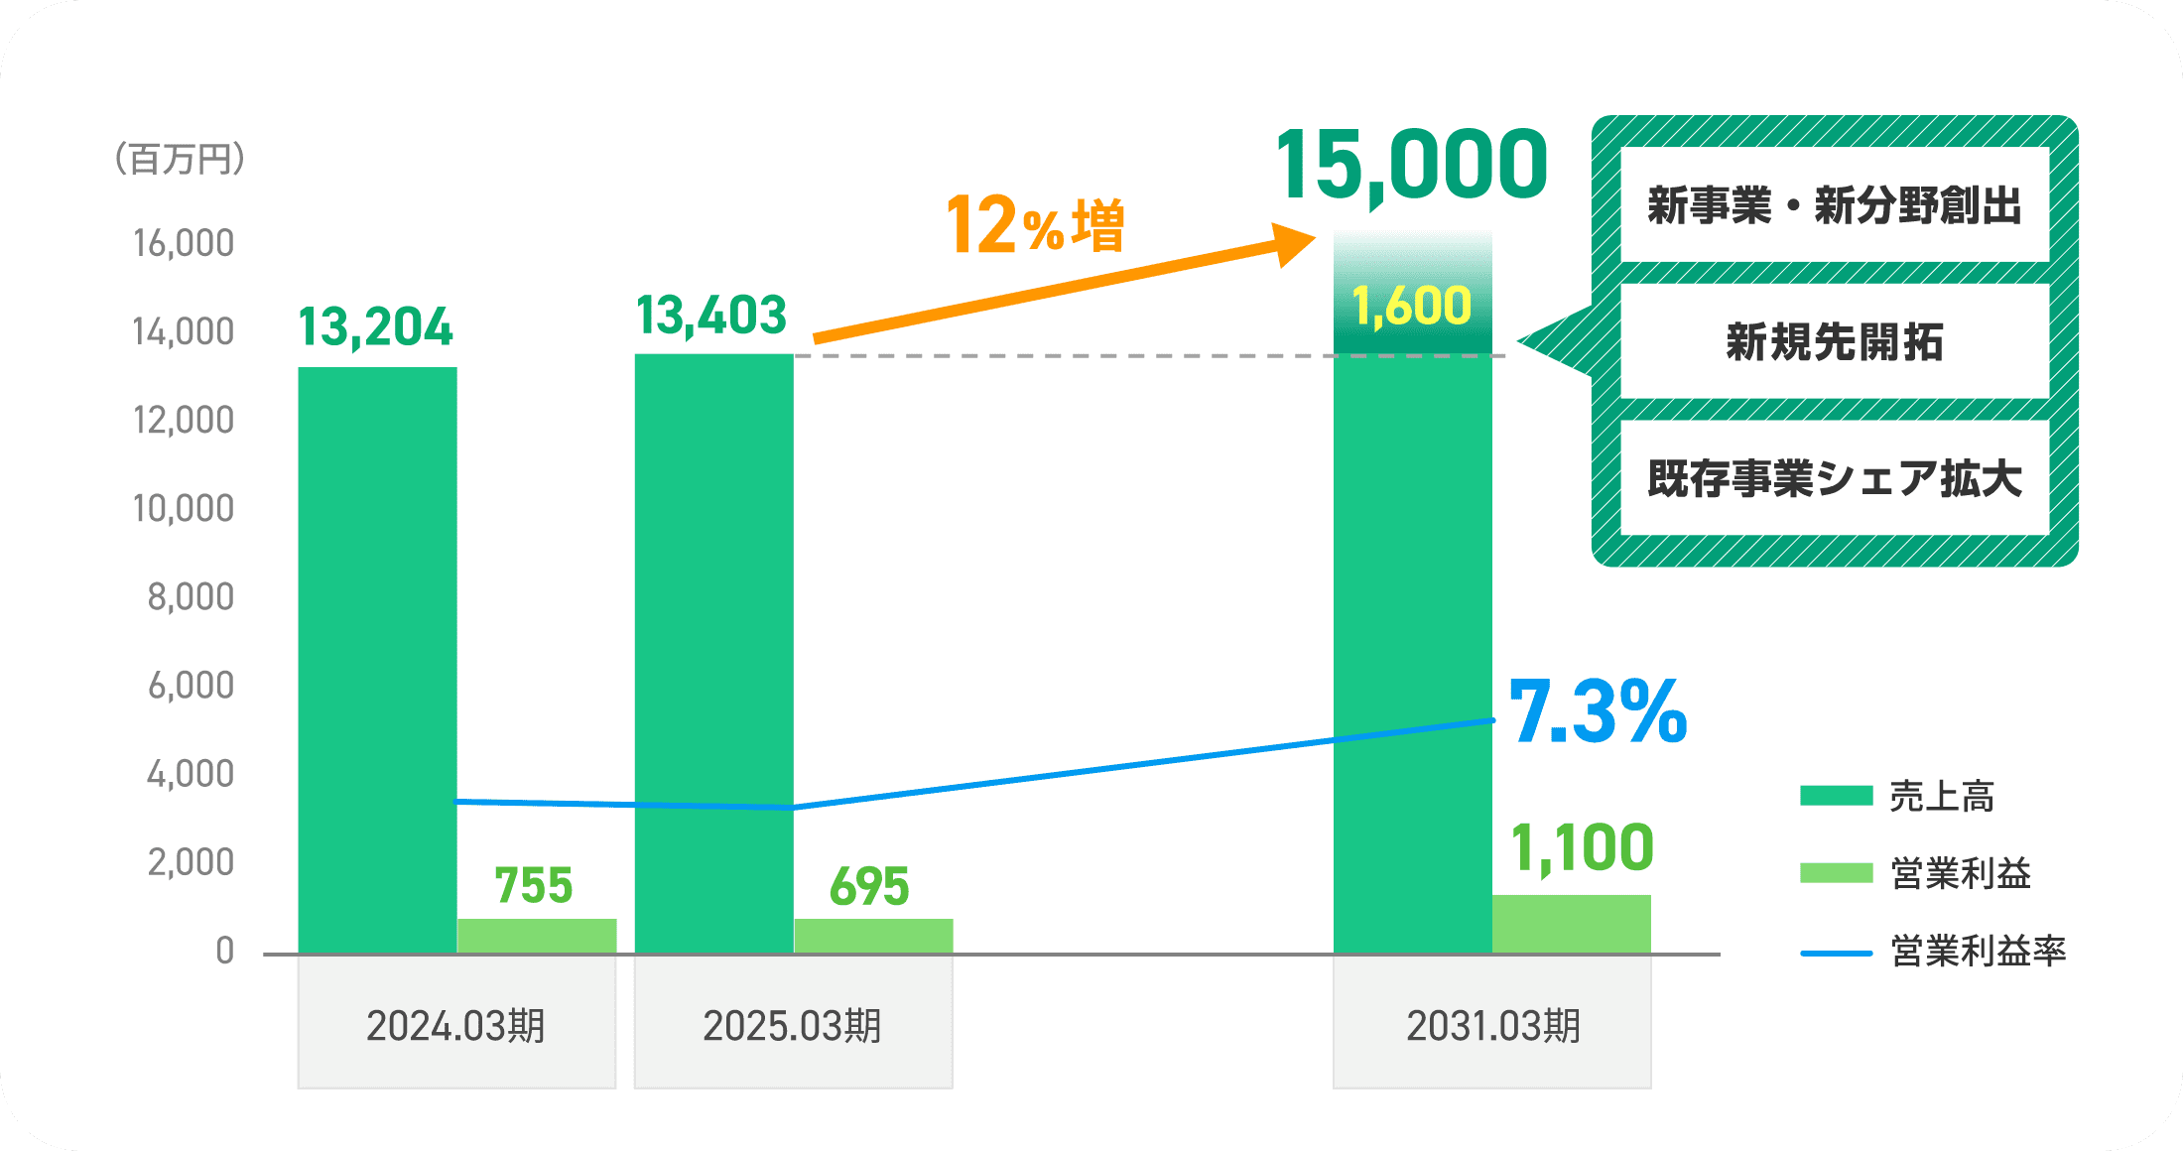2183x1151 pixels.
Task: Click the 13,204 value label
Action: [x=375, y=327]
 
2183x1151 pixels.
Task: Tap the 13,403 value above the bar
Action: [x=711, y=316]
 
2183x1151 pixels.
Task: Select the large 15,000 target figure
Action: [x=1411, y=165]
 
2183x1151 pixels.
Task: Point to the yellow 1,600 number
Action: [x=1412, y=306]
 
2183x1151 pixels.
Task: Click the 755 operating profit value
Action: [x=534, y=885]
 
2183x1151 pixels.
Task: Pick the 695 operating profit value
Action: [x=869, y=886]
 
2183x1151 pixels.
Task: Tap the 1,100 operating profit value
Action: [x=1582, y=848]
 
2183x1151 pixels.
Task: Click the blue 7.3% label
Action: [x=1598, y=711]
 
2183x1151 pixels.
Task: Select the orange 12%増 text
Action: [x=1035, y=225]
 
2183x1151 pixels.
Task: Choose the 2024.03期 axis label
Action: [x=455, y=1026]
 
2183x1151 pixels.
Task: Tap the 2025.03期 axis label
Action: [x=792, y=1026]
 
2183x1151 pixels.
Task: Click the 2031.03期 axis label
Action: [x=1492, y=1026]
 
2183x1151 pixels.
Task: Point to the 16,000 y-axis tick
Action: [x=184, y=243]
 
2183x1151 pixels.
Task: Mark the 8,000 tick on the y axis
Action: [x=191, y=596]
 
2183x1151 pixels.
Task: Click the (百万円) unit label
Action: [x=180, y=159]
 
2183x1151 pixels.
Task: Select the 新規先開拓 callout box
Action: [x=1834, y=342]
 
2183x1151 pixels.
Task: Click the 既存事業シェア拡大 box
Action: [x=1834, y=478]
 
